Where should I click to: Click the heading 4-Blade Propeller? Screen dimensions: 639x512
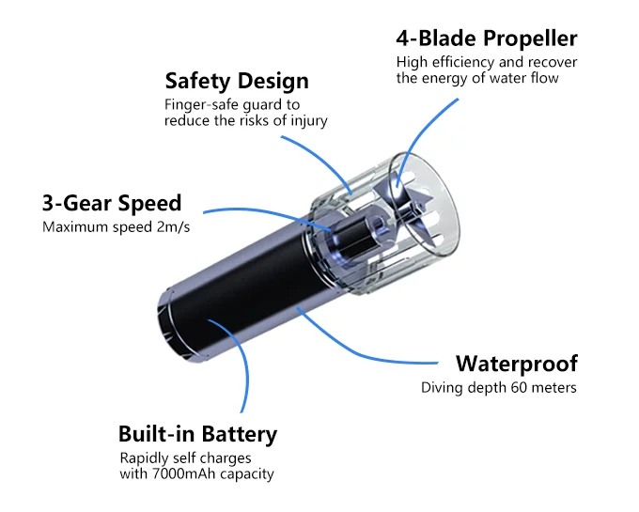point(487,39)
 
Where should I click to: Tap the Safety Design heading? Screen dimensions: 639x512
point(237,81)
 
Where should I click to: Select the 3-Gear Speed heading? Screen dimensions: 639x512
point(112,203)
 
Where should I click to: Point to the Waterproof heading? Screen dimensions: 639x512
point(517,364)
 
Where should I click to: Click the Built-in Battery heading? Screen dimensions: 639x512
point(197,434)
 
